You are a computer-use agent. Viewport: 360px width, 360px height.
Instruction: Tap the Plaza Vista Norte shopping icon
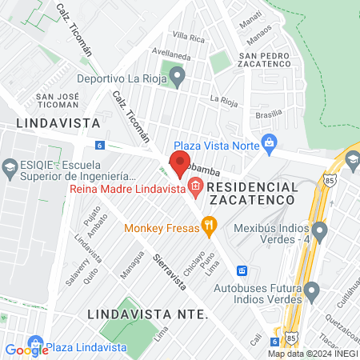tap(269, 144)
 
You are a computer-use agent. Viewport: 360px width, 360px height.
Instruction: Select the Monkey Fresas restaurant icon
tap(209, 226)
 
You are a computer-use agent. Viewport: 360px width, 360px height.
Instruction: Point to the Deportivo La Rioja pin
tap(178, 78)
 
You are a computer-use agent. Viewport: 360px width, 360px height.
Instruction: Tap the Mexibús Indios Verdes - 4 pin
tap(319, 232)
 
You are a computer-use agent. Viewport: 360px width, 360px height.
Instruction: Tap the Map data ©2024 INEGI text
tap(312, 353)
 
